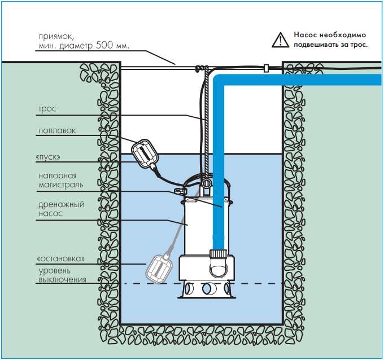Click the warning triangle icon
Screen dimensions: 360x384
point(278,39)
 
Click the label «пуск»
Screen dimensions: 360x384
point(50,156)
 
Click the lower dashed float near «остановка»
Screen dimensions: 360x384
point(159,267)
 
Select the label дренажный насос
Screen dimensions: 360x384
point(60,209)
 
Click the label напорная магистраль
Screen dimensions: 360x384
point(60,180)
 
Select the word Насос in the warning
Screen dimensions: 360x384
point(306,35)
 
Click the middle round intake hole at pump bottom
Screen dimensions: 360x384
point(208,289)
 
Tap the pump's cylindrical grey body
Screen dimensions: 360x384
point(195,226)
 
